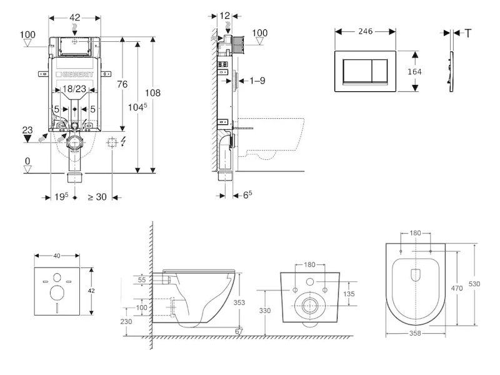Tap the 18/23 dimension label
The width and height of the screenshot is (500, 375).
tap(75, 90)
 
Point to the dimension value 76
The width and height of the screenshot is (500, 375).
tap(122, 84)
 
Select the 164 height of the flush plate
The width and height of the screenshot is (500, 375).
tap(414, 72)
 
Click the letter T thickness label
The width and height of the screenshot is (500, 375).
tap(468, 33)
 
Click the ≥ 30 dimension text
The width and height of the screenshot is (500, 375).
tap(96, 197)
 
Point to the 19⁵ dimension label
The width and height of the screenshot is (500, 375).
tap(61, 197)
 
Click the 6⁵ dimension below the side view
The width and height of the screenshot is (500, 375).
tap(247, 195)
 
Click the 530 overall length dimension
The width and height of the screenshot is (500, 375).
tap(475, 284)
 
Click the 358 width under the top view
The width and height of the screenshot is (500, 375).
tap(415, 333)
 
